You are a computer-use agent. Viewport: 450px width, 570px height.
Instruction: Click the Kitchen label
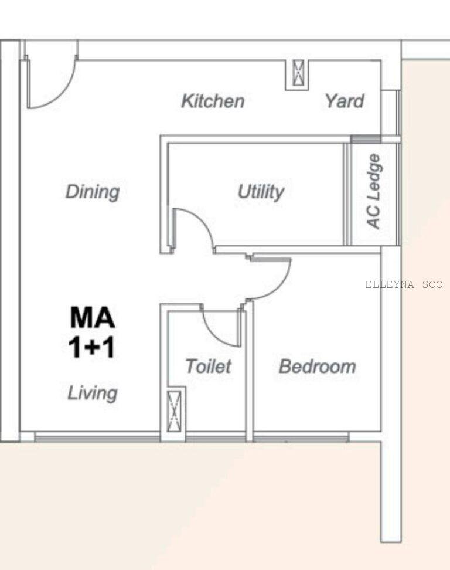coord(213,101)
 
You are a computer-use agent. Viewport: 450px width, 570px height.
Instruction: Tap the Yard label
coord(345,101)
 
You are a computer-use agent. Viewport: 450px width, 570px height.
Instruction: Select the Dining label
coord(93,192)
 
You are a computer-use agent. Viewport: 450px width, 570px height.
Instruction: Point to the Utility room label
coord(261,192)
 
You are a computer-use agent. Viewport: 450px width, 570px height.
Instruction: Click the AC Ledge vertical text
coord(374,191)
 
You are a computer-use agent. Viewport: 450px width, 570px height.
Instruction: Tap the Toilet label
coord(208,366)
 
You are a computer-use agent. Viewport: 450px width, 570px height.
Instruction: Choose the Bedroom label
coord(318,367)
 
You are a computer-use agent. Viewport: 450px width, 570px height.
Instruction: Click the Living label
coord(93,393)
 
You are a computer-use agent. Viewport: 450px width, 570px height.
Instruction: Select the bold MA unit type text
coord(93,317)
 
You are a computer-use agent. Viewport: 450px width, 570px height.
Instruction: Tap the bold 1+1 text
coord(92,347)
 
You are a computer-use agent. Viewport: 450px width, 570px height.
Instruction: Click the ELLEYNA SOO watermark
coord(404,284)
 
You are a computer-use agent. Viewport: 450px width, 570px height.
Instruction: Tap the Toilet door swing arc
coord(214,333)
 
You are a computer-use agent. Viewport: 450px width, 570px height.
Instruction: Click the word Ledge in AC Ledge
coord(374,177)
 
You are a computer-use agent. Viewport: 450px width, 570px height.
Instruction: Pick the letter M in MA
coord(81,317)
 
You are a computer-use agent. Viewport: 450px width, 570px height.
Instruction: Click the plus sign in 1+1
coord(92,348)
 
